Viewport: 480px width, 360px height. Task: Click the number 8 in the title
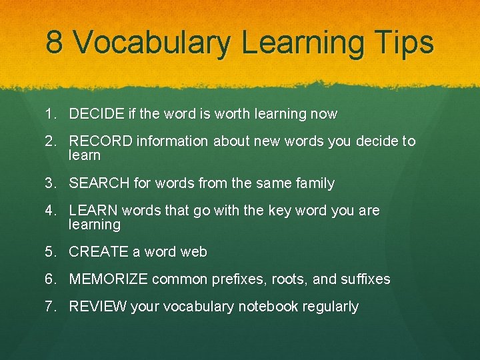click(55, 43)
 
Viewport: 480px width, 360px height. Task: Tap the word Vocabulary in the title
click(152, 43)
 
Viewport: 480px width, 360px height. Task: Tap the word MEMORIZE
click(108, 279)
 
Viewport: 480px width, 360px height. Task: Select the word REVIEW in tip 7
click(97, 307)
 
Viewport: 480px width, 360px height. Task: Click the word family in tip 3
click(315, 183)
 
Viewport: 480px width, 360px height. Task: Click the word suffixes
click(366, 279)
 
